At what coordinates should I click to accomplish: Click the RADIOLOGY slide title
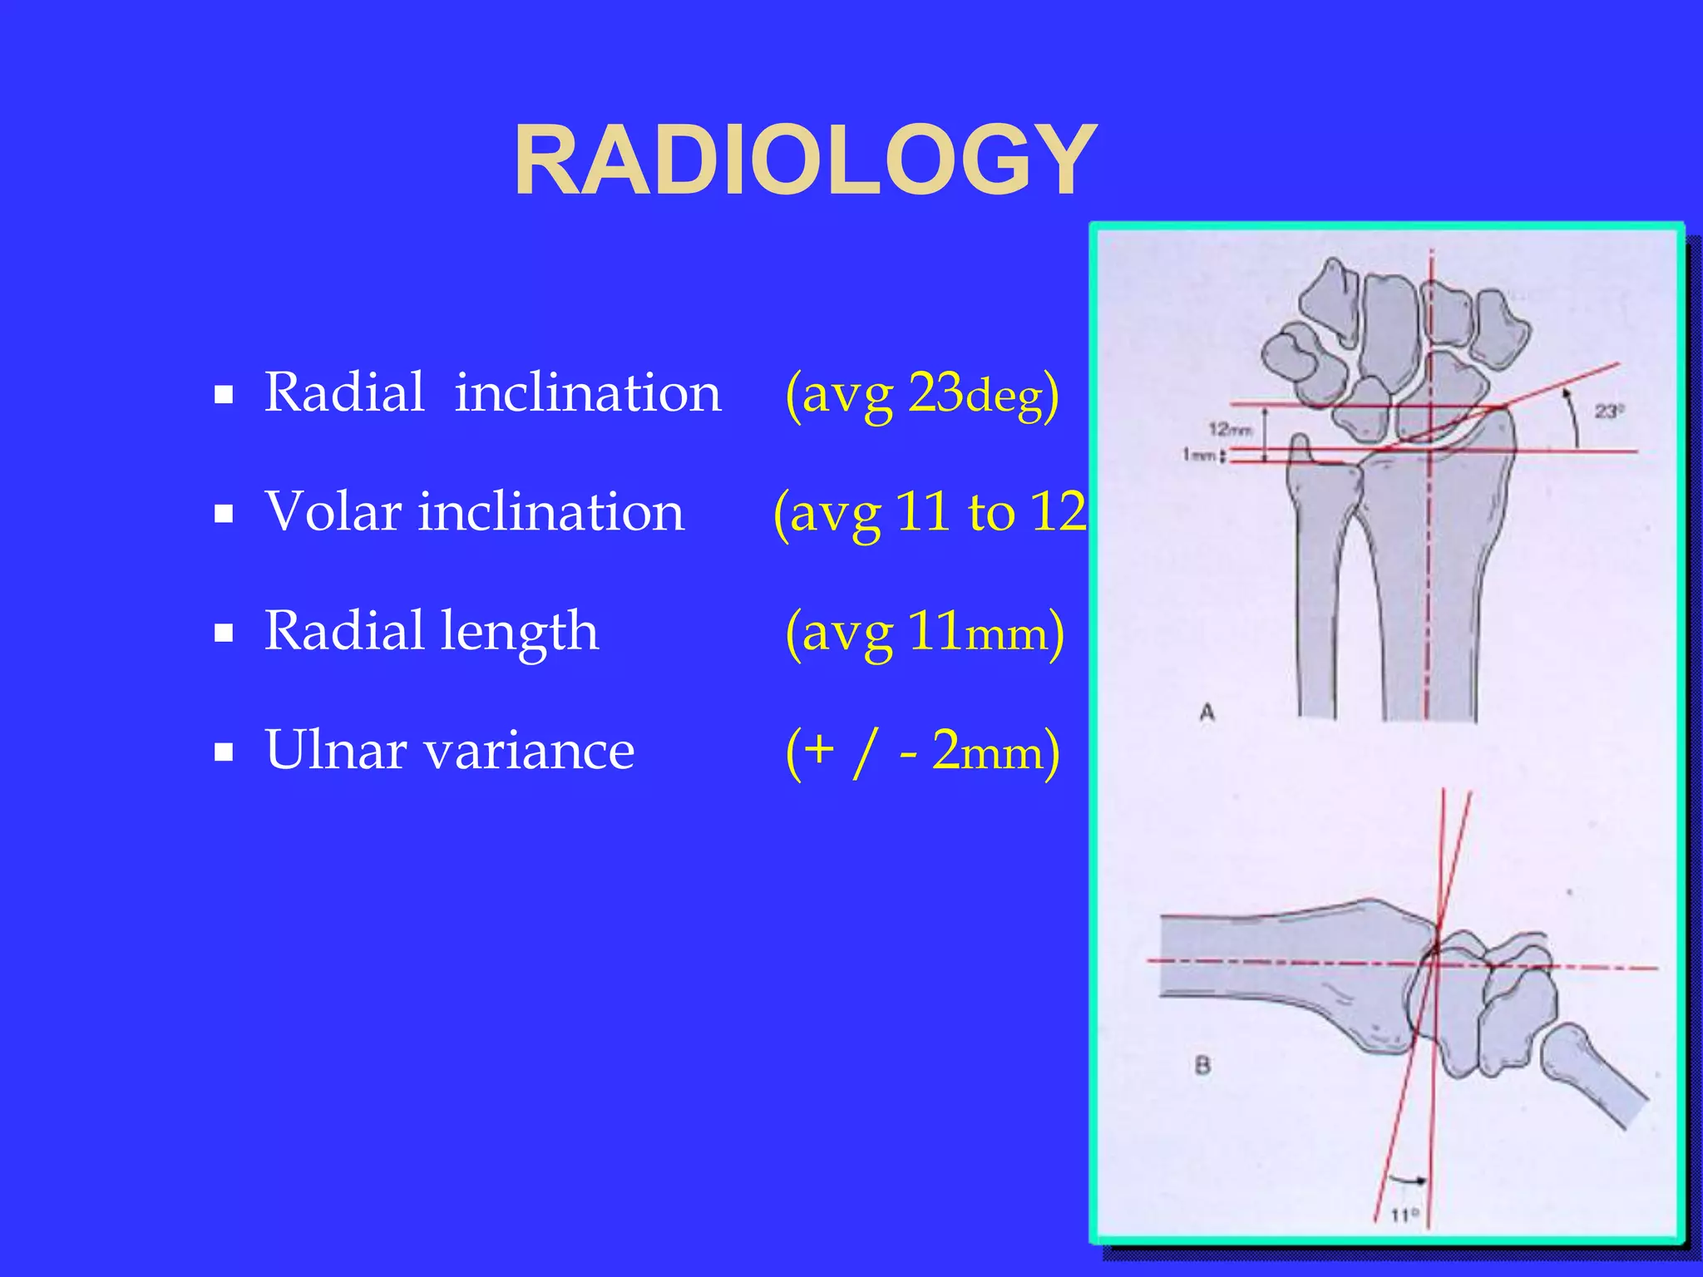(805, 160)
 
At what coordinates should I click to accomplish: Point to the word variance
(530, 750)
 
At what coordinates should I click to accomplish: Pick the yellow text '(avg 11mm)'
(924, 633)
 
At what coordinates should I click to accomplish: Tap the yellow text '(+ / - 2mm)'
(922, 752)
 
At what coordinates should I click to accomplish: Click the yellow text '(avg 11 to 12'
(930, 513)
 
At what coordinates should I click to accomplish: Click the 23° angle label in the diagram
(1609, 411)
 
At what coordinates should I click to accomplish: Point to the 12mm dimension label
(1230, 429)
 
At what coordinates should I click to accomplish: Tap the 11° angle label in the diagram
(1404, 1215)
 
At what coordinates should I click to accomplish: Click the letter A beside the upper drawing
(1207, 712)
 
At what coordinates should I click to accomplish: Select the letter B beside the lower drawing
(1202, 1065)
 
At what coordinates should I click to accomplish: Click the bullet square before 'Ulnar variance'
(223, 752)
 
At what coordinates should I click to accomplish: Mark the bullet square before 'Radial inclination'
(223, 394)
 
